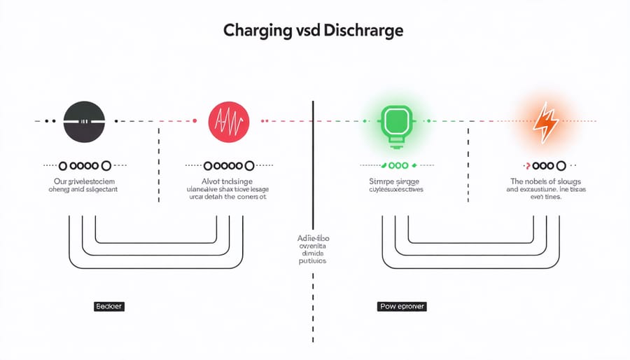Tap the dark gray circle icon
click(x=84, y=121)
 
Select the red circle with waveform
click(x=229, y=121)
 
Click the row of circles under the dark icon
click(x=85, y=166)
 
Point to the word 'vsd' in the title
click(x=300, y=32)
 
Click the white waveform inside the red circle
click(x=229, y=123)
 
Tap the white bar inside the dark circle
click(x=84, y=122)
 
